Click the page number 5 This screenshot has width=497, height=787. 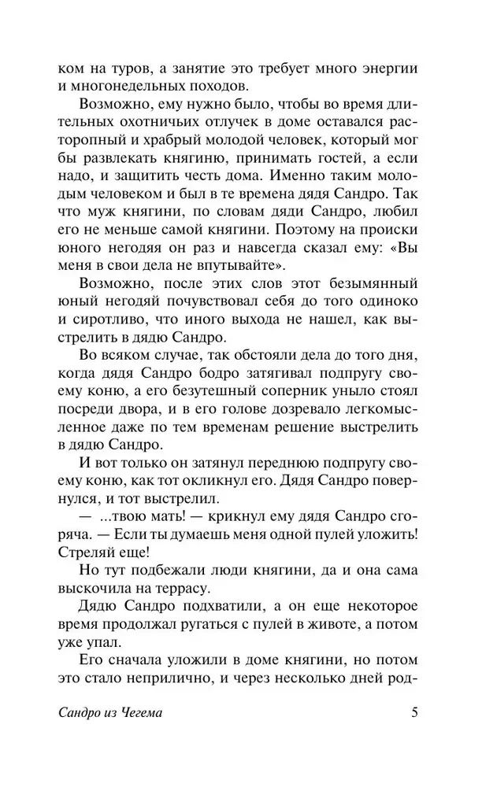415,715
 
